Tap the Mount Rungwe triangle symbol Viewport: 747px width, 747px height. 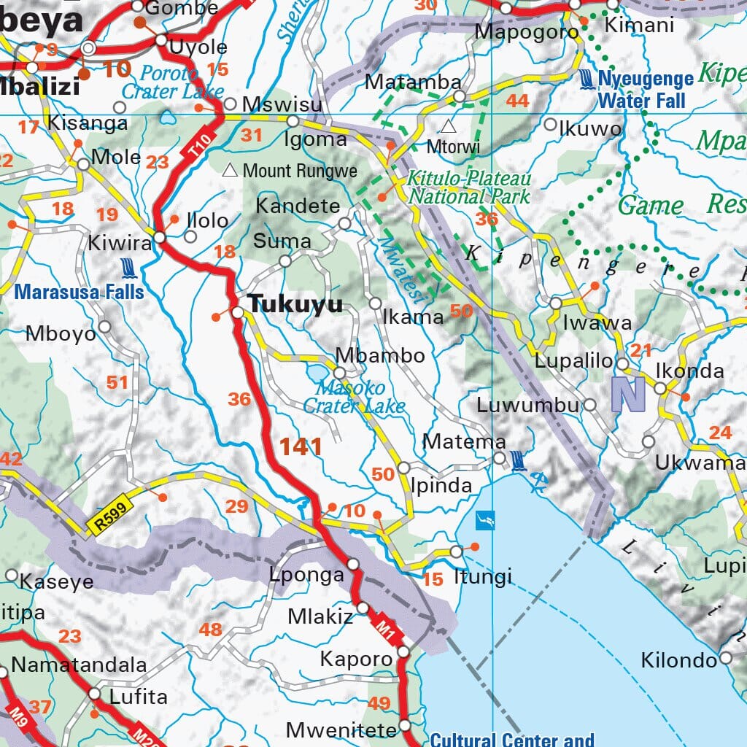(231, 171)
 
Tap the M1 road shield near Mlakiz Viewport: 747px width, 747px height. (386, 627)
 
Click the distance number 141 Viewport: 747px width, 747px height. (301, 446)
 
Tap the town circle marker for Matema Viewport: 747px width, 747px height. (499, 458)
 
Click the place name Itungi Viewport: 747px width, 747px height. (482, 577)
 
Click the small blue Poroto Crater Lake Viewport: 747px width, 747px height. (169, 116)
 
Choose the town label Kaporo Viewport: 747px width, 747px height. (356, 659)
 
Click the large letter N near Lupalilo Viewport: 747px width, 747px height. (629, 393)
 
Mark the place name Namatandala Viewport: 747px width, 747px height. (79, 665)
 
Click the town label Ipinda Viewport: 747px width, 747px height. (441, 485)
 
